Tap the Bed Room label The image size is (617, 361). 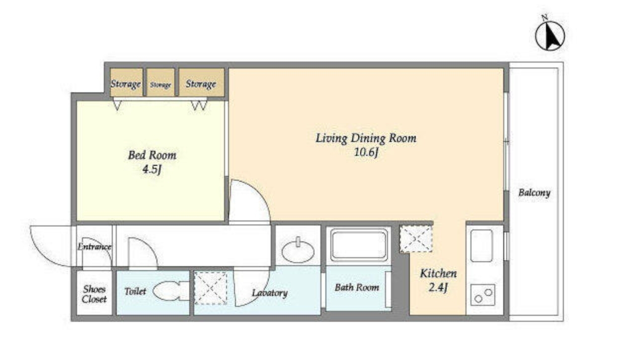(x=152, y=155)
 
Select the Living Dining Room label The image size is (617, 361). (x=366, y=138)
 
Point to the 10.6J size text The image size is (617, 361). (x=366, y=152)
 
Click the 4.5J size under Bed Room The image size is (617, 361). (x=152, y=169)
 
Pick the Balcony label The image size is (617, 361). (x=535, y=193)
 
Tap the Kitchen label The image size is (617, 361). (x=438, y=274)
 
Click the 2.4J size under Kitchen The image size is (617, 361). (x=438, y=288)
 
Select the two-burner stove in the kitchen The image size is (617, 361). (x=483, y=295)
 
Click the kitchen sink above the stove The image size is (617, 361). (x=481, y=246)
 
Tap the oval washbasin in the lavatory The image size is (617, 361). (x=298, y=250)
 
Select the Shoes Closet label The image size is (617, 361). (x=94, y=294)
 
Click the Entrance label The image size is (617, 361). (x=94, y=247)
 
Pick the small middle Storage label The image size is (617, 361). (x=160, y=85)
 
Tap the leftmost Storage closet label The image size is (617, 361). (x=126, y=84)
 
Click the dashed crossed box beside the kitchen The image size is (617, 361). (x=416, y=239)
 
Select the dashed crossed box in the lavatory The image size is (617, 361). (x=211, y=288)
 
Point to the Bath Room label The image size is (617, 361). (x=357, y=288)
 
